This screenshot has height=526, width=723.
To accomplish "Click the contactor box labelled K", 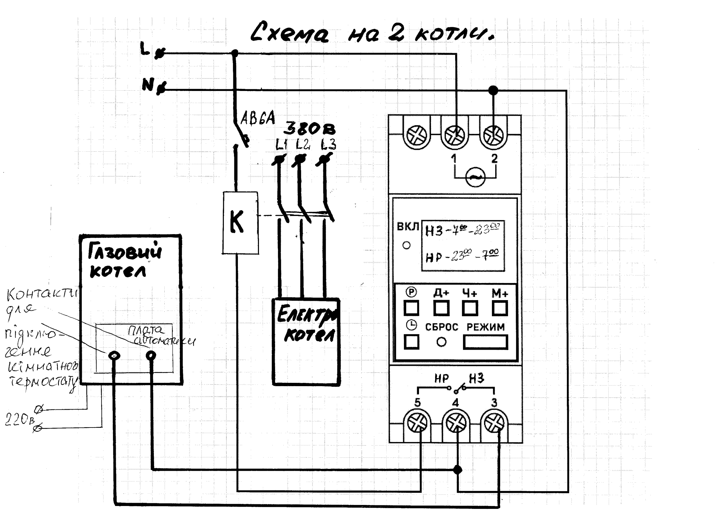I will coord(240,223).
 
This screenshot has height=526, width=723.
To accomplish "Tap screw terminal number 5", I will coord(417,423).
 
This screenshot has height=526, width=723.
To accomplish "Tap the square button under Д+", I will coord(441,308).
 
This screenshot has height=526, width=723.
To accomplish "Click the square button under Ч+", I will coord(470,308).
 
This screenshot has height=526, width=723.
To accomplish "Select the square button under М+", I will coord(500,308).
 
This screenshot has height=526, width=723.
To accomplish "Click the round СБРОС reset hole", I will coord(441,342).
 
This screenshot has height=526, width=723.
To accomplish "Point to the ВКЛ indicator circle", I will coord(407,245).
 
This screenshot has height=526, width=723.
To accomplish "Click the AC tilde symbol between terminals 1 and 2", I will coord(475,177).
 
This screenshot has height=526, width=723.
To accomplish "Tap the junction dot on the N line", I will coord(493,90).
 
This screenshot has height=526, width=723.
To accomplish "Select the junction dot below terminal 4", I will coord(457,470).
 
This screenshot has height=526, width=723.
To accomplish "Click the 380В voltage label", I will coord(310,129).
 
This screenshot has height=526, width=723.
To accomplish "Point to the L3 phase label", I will coord(329,144).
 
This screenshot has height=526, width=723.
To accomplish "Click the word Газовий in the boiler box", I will coord(125,252).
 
